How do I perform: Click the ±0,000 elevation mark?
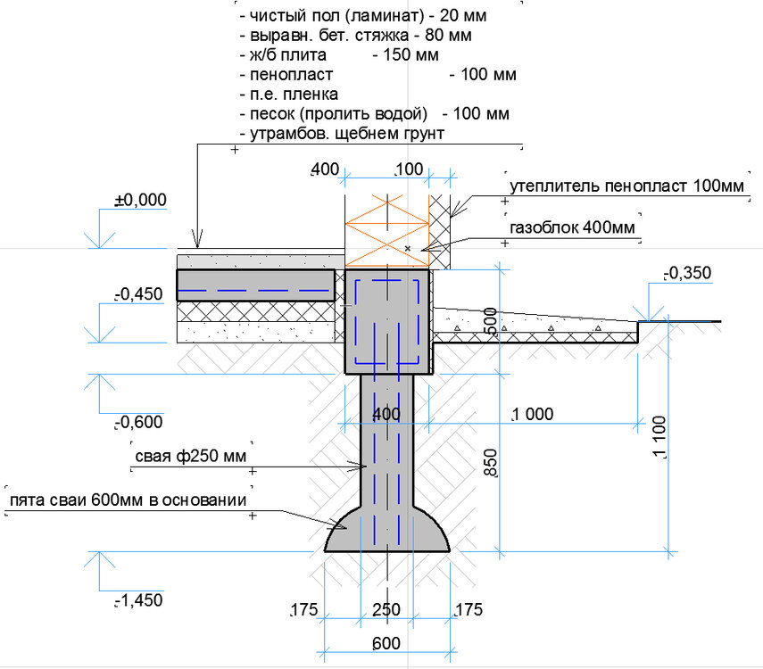click(141, 200)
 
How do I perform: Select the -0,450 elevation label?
click(139, 293)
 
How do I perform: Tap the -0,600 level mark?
click(139, 422)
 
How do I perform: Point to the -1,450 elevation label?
click(139, 600)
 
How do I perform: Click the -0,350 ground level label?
click(688, 273)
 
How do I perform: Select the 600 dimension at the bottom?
click(386, 643)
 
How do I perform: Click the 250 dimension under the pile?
click(386, 609)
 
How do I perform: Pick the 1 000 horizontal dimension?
click(533, 414)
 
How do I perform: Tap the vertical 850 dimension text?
click(491, 463)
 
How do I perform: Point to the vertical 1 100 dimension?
click(659, 437)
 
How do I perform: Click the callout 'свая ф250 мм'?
click(191, 457)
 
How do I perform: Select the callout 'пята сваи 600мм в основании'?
click(128, 500)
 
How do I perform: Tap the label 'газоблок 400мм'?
click(572, 227)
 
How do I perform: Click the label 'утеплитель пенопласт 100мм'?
click(626, 186)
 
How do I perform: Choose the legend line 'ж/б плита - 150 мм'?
click(339, 54)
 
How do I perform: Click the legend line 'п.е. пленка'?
click(289, 94)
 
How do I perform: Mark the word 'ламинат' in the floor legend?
click(385, 15)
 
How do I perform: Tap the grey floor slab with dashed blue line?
click(256, 285)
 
